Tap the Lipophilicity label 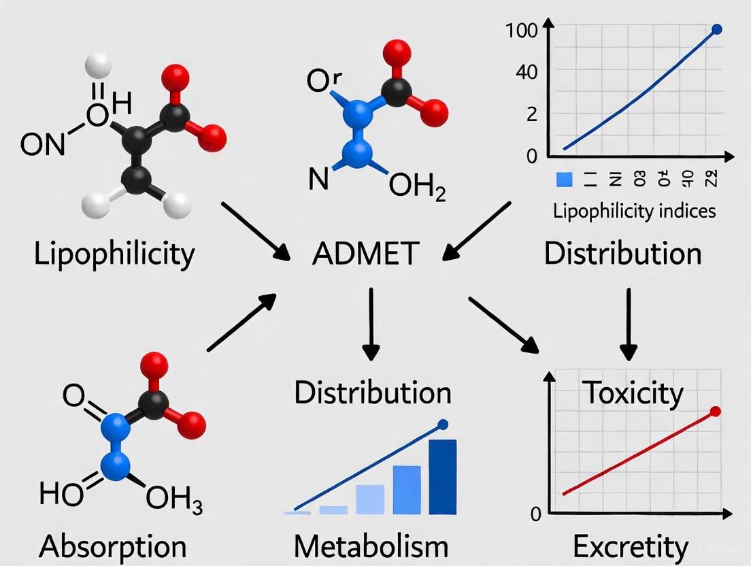tap(114, 254)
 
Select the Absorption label tap(112, 546)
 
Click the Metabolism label tap(371, 546)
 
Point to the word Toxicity tap(632, 393)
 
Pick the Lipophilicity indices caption tap(634, 210)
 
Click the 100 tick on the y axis tap(522, 30)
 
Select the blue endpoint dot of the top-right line tap(716, 29)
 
